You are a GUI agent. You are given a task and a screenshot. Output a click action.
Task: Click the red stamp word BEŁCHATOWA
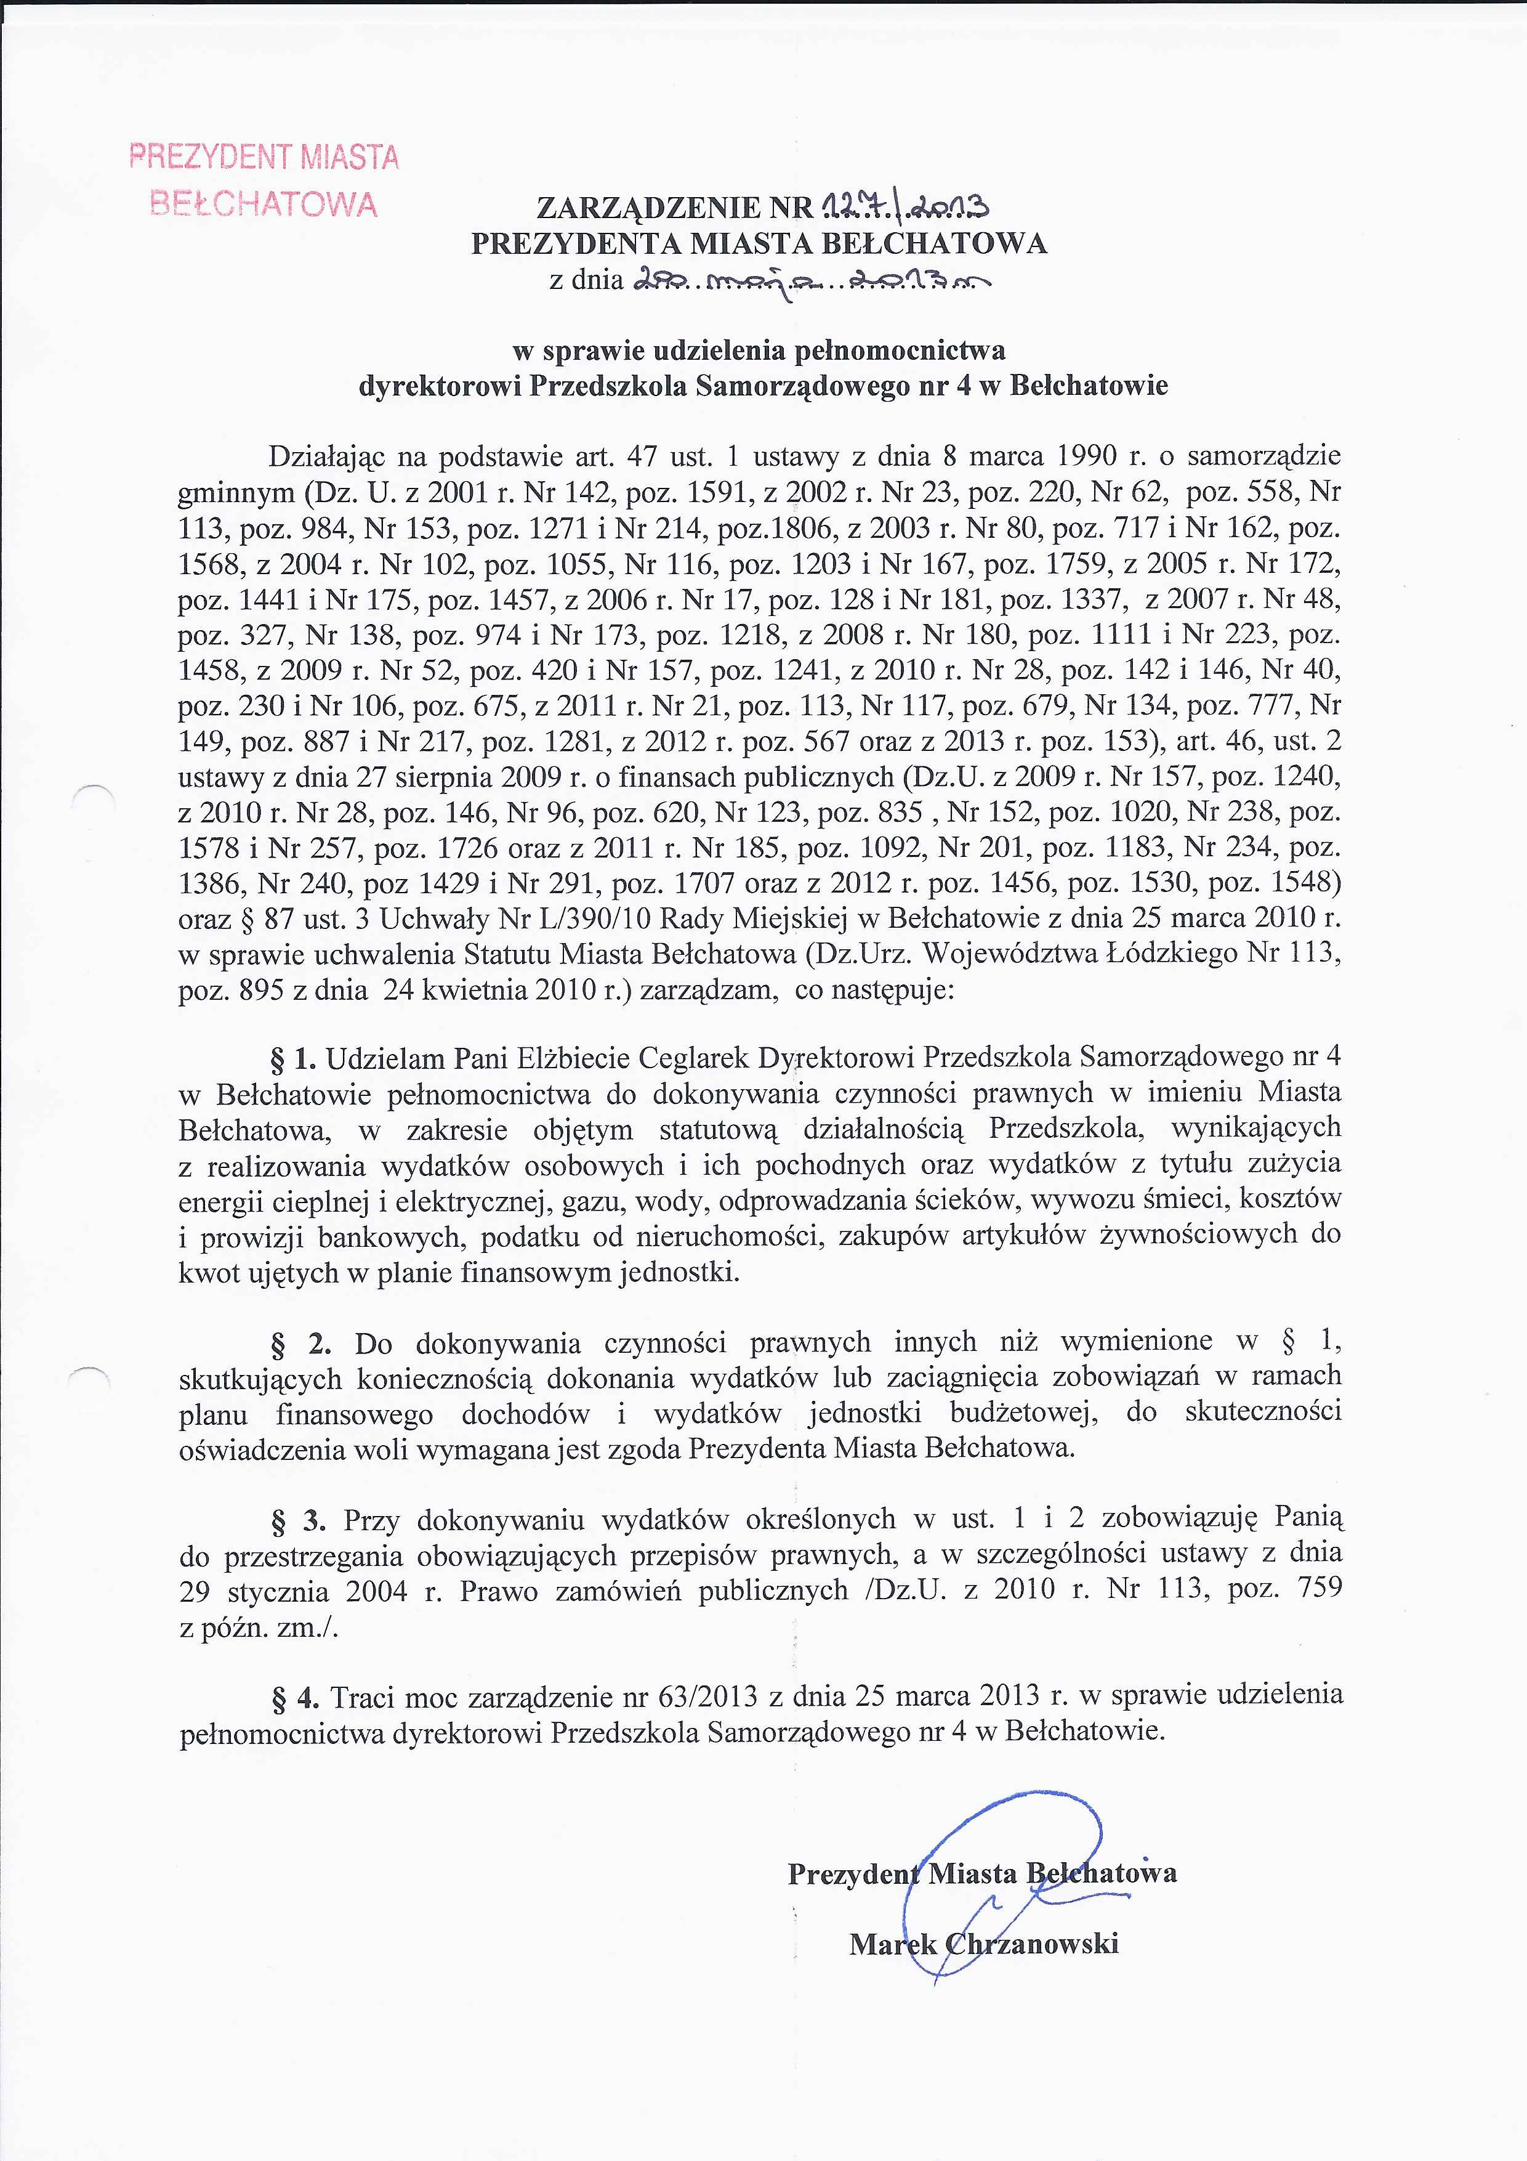tap(264, 205)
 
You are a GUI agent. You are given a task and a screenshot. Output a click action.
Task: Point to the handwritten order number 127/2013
tap(903, 205)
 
